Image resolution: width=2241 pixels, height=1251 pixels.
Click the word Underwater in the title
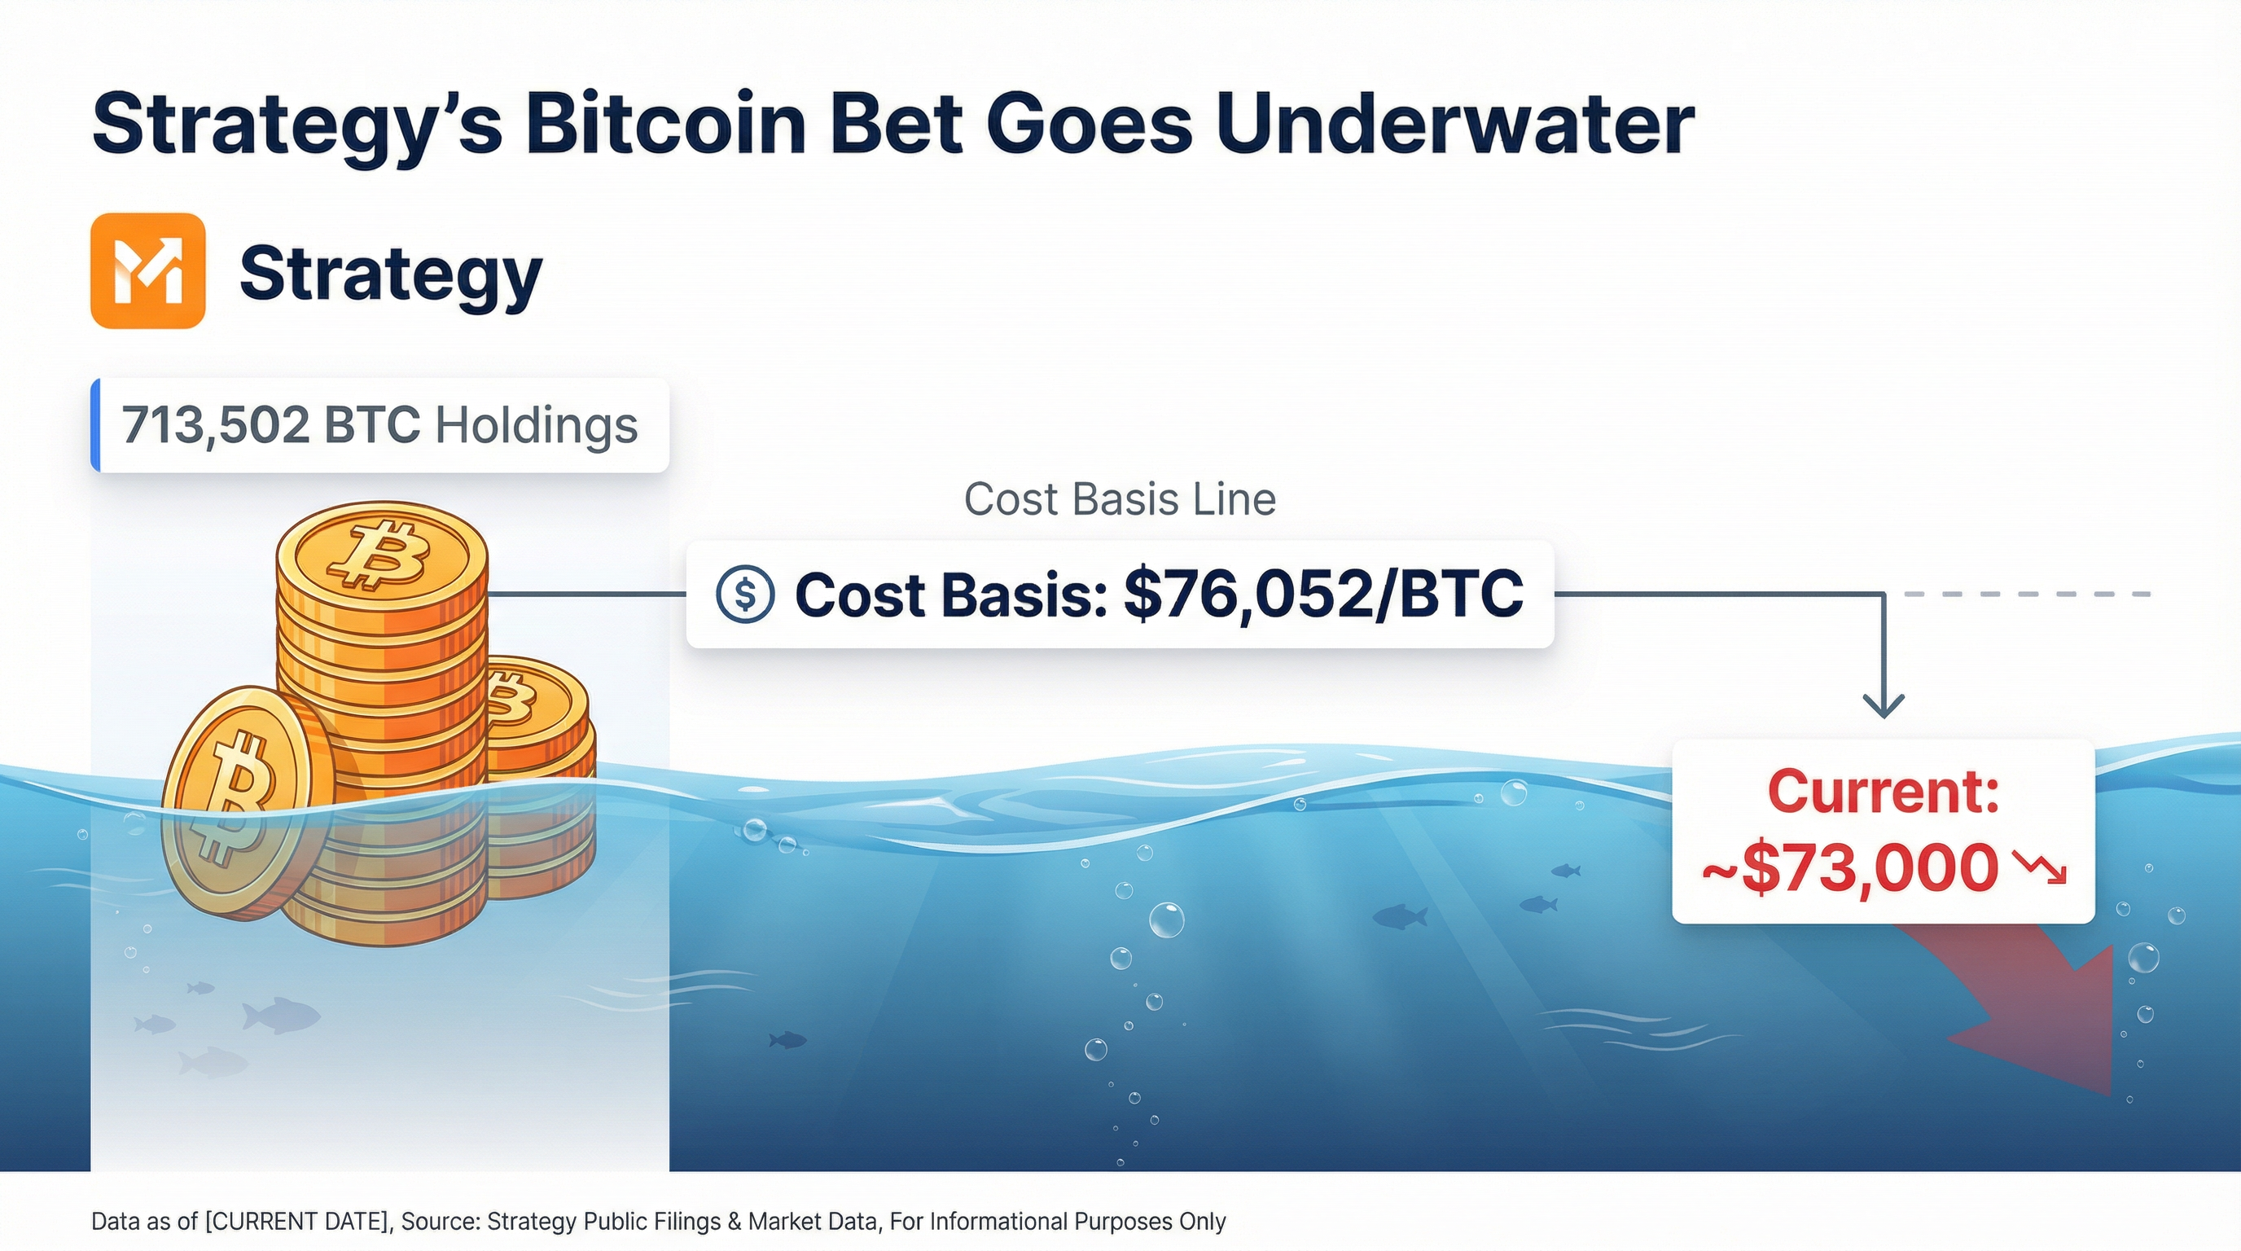click(x=1453, y=124)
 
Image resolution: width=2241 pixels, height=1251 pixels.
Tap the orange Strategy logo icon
click(x=148, y=270)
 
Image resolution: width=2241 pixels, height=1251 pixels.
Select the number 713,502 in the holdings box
click(x=215, y=425)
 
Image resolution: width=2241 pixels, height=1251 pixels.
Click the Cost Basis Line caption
click(x=1120, y=499)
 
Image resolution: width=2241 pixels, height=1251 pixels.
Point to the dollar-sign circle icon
click(x=744, y=595)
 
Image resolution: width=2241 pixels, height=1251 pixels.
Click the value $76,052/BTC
click(x=1323, y=595)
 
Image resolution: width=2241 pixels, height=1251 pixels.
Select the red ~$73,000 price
click(x=1849, y=868)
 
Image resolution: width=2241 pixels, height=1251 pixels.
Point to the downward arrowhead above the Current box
click(x=1884, y=705)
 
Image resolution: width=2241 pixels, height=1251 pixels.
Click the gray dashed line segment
click(x=2027, y=595)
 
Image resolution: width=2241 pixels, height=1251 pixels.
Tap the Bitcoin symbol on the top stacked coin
click(x=380, y=554)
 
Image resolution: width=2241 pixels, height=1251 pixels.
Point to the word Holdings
click(x=536, y=425)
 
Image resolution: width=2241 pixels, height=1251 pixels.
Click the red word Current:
click(x=1884, y=792)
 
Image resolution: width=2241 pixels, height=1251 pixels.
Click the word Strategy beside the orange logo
click(x=391, y=273)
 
